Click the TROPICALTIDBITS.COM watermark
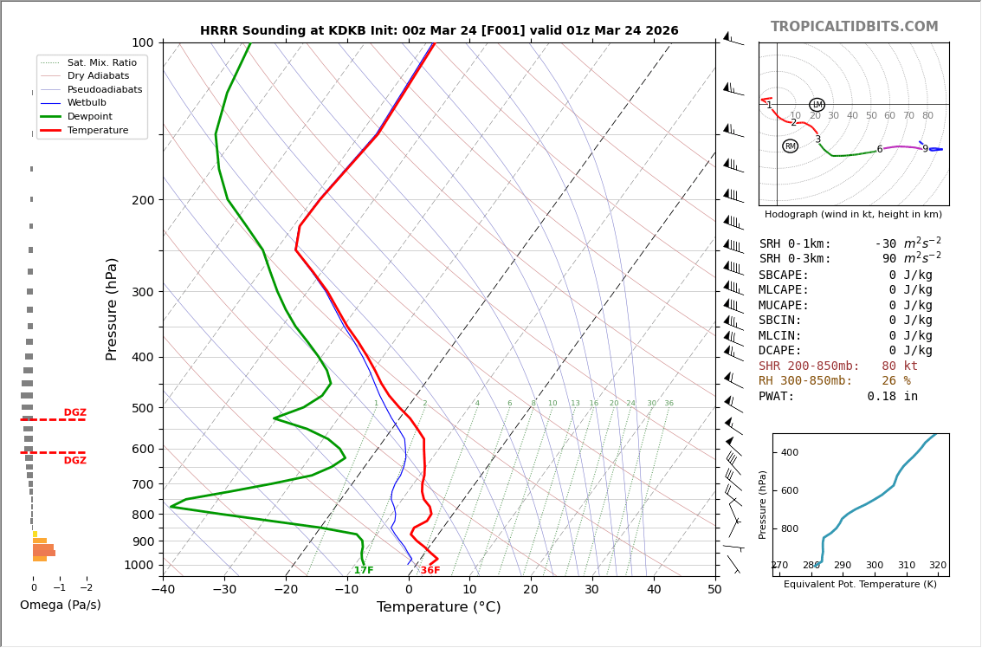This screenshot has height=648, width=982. (x=854, y=27)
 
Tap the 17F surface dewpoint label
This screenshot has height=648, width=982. (x=364, y=571)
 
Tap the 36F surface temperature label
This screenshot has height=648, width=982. (x=430, y=571)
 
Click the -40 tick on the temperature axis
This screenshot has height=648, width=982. (x=163, y=590)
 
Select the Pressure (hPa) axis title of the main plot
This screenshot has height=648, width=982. (x=112, y=308)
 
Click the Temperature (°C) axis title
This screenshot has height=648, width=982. (x=438, y=607)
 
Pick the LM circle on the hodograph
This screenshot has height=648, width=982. (x=817, y=105)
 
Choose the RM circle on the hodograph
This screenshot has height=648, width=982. (x=790, y=146)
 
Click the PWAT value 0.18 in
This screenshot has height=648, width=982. (x=892, y=397)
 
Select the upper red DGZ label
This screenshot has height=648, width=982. (x=74, y=413)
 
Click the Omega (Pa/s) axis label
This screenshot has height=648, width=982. (x=60, y=606)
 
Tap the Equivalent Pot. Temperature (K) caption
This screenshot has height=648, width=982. (x=860, y=585)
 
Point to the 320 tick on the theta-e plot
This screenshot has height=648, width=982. (x=937, y=566)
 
